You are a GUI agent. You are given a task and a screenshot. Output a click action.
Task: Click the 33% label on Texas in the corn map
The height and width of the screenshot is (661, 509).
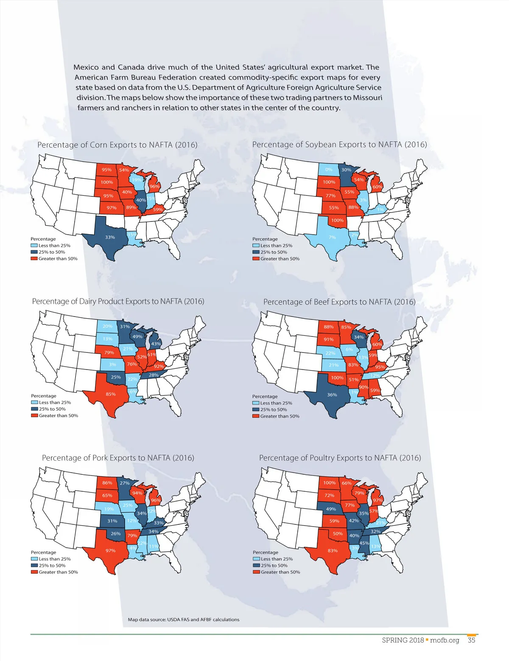(110, 237)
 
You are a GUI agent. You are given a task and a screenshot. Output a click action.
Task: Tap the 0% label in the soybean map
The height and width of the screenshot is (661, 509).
(329, 170)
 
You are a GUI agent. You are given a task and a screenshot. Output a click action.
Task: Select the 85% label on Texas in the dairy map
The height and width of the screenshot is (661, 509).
(111, 394)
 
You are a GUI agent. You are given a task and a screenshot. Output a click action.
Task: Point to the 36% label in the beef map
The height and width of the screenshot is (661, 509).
(332, 395)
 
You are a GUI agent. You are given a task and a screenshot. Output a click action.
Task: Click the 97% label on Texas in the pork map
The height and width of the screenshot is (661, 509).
(111, 551)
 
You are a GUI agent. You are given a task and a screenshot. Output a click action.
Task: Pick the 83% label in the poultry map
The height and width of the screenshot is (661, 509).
(333, 551)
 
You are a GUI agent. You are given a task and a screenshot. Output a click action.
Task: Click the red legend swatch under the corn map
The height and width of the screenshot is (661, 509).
(34, 259)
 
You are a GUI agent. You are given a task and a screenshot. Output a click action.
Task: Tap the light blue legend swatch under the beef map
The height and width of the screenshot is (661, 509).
(255, 403)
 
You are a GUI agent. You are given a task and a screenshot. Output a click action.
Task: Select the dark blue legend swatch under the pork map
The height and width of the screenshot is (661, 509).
(34, 566)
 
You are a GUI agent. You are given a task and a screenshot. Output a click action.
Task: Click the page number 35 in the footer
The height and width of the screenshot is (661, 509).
(471, 640)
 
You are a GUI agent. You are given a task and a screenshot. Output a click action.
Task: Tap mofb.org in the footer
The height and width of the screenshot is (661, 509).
(445, 640)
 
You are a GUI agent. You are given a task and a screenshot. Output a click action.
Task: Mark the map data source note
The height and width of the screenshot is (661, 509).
(184, 619)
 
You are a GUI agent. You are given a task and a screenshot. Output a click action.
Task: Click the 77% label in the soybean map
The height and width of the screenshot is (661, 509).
(330, 196)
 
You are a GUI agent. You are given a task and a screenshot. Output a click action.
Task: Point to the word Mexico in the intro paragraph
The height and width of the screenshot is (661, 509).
(86, 67)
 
